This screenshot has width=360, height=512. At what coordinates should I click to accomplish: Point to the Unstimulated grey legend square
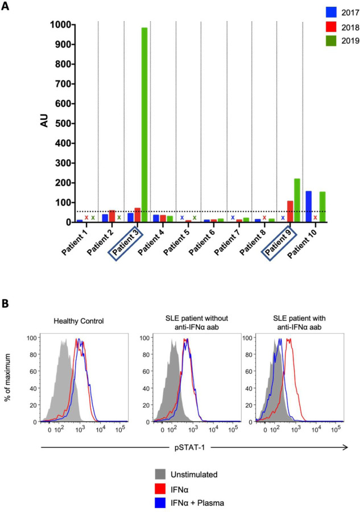click(162, 474)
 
